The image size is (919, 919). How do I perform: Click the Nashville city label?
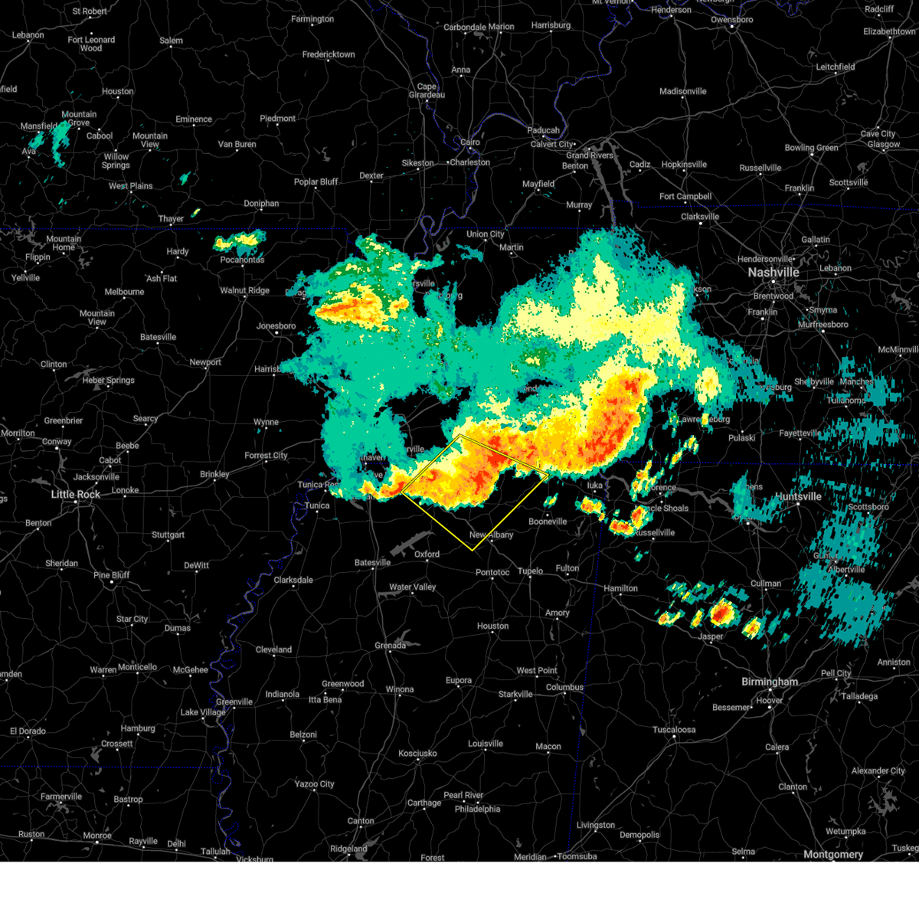click(773, 273)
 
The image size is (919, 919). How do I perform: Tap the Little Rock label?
click(76, 494)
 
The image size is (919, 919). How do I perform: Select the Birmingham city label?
click(770, 682)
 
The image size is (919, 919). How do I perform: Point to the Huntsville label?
click(798, 496)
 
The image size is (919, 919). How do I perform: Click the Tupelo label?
click(530, 571)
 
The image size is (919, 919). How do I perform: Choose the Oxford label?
click(427, 554)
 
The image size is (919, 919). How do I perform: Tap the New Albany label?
click(492, 535)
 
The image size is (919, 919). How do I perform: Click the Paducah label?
click(543, 130)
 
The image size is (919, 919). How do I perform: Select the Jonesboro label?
click(276, 325)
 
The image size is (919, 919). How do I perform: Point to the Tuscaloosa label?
click(674, 729)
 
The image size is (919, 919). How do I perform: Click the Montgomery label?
click(833, 854)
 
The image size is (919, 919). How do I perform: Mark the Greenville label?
click(234, 702)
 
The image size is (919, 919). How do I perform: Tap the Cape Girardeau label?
click(427, 90)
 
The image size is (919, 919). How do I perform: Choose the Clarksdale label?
click(293, 580)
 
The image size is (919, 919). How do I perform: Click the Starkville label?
click(515, 694)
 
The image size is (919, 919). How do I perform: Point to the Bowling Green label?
click(811, 148)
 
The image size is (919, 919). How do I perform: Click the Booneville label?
click(548, 522)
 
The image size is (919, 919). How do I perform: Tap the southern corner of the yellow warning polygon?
click(473, 550)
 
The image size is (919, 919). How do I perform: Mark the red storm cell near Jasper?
click(721, 613)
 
